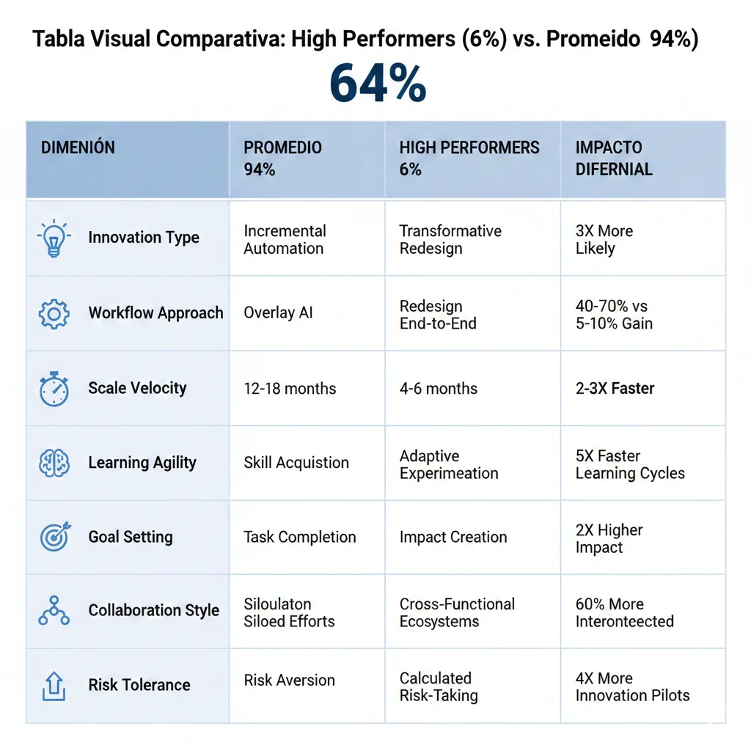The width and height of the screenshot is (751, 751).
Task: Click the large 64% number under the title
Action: click(378, 84)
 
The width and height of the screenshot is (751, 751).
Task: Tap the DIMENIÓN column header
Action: click(78, 147)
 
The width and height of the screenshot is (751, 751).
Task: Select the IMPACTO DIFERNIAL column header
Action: click(614, 158)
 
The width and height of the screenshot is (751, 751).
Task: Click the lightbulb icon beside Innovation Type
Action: click(54, 238)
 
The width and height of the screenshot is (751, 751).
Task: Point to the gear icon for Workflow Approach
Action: click(54, 314)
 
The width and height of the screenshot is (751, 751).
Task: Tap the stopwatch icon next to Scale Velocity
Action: click(54, 389)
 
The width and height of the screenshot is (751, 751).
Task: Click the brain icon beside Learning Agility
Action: click(54, 464)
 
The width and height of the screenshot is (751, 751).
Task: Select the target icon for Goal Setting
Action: click(54, 538)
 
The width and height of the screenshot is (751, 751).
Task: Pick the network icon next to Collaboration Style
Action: click(54, 611)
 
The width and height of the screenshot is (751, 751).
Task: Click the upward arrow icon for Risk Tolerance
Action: click(54, 686)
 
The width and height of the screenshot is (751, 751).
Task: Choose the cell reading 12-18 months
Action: click(290, 389)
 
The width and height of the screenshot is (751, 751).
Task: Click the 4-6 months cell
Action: click(438, 389)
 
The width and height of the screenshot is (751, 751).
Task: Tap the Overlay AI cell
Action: click(278, 313)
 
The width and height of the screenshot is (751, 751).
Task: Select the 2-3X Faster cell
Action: click(615, 389)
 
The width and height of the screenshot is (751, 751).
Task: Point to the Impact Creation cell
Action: click(453, 537)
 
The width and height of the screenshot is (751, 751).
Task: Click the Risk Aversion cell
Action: click(289, 680)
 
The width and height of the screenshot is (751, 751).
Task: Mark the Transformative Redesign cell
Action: click(450, 240)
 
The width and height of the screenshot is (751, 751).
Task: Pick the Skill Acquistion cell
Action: click(296, 463)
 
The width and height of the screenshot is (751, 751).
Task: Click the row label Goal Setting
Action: click(131, 537)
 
